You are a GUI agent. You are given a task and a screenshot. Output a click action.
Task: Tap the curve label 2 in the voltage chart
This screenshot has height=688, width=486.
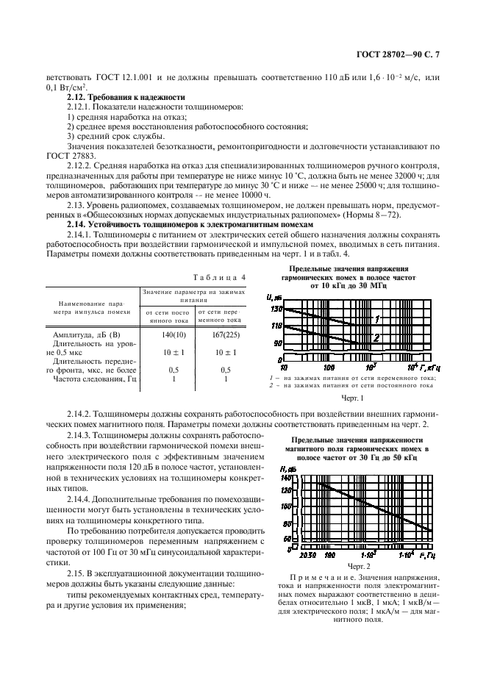coord(376,337)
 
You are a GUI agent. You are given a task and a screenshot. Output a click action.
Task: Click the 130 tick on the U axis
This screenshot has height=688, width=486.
coord(276,309)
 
